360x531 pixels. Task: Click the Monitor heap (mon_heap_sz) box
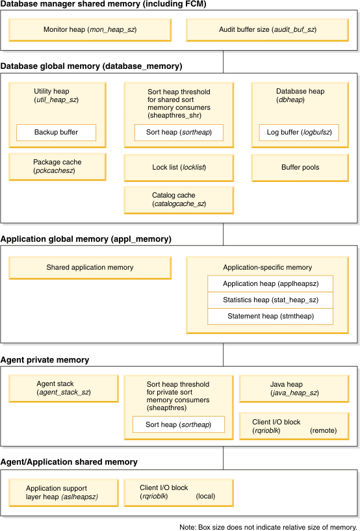90,30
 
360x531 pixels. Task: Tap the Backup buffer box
56,133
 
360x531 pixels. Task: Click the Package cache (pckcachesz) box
57,166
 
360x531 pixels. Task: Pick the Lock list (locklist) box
179,168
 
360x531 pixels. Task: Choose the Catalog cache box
179,200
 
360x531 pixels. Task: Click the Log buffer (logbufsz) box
298,133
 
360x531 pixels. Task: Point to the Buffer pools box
300,168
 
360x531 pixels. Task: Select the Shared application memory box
90,268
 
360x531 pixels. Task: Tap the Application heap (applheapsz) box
270,284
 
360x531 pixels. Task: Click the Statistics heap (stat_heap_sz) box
270,300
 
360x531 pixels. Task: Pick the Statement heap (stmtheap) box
270,317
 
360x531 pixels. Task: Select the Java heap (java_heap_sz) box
294,389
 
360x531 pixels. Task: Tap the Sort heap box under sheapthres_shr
179,133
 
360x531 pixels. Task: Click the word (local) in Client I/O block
205,497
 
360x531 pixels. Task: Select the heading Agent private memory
45,360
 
